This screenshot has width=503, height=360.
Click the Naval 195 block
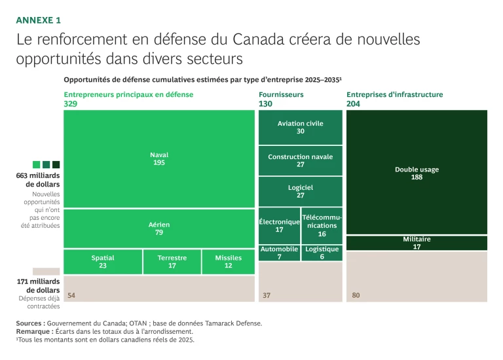(159, 159)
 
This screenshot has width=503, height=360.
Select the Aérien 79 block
(159, 228)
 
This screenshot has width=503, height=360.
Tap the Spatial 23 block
(103, 262)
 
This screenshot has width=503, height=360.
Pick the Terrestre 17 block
(172, 262)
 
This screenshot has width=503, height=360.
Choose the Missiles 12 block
(228, 262)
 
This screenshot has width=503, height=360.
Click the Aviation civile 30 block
(300, 127)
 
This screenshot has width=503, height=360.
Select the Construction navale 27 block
(300, 160)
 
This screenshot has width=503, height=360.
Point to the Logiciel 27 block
(300, 191)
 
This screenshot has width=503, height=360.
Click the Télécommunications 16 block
(322, 225)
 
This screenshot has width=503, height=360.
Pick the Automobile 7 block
(279, 253)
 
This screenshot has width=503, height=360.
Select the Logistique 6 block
(322, 253)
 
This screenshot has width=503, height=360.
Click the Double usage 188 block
(417, 173)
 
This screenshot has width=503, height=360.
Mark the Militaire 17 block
(417, 243)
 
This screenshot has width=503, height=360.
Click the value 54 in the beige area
(71, 295)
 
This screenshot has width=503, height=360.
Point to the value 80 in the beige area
(356, 295)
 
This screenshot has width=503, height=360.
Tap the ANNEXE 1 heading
(38, 20)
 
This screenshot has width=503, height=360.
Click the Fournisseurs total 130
(265, 104)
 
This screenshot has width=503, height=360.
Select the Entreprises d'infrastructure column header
(394, 94)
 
